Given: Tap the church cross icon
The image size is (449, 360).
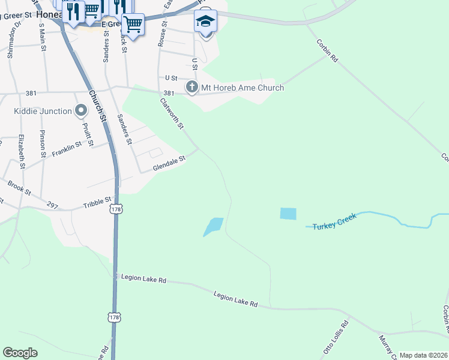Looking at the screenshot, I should point(192,88).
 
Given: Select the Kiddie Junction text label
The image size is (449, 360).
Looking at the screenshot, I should point(42,111).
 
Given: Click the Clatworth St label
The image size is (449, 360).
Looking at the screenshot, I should point(172,114).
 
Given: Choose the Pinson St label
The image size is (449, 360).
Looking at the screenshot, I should point(43,143).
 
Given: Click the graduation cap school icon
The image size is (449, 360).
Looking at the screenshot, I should point(205,22).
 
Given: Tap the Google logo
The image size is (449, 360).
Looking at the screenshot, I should point(20,353).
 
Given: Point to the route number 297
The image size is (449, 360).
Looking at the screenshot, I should point(52,206).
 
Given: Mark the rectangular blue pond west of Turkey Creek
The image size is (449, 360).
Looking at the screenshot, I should point(288,214).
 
